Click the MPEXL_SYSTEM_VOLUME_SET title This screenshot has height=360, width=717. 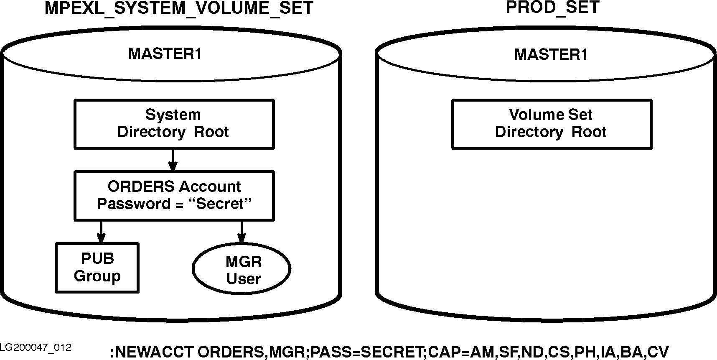pyautogui.click(x=179, y=8)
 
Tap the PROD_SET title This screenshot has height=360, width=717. pyautogui.click(x=552, y=7)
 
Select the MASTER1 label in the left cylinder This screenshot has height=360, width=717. pyautogui.click(x=165, y=54)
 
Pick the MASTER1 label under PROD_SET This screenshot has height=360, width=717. pyautogui.click(x=551, y=55)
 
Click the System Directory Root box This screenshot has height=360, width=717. pyautogui.click(x=174, y=124)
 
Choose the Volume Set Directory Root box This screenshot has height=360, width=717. pyautogui.click(x=552, y=124)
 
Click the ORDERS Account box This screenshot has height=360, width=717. pyautogui.click(x=174, y=195)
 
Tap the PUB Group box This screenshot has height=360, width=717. pyautogui.click(x=97, y=268)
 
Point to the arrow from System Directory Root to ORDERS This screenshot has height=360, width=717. pyautogui.click(x=173, y=160)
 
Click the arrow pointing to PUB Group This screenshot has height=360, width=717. pyautogui.click(x=101, y=232)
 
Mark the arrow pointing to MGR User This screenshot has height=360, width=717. pyautogui.click(x=241, y=232)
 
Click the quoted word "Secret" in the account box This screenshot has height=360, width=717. pyautogui.click(x=220, y=204)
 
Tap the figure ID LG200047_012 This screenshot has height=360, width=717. pyautogui.click(x=36, y=347)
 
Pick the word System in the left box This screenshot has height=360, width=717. pyautogui.click(x=173, y=115)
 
